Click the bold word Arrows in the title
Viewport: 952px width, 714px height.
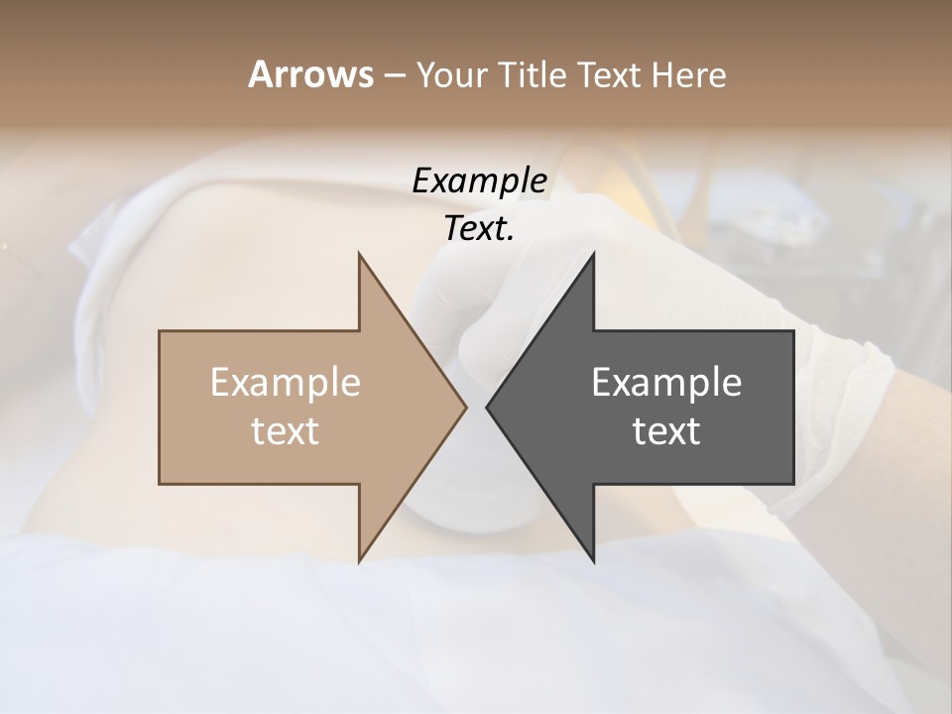tap(309, 74)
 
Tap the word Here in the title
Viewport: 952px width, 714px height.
tap(689, 74)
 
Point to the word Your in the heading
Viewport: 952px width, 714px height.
tap(452, 74)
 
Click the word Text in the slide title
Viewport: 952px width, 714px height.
tap(612, 74)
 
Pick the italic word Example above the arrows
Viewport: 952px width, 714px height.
tap(479, 180)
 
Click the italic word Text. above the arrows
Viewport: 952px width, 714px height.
tap(479, 228)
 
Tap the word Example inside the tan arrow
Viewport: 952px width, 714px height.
tap(285, 382)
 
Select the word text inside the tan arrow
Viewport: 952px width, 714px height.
tap(285, 430)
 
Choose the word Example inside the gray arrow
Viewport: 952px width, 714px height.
tap(666, 382)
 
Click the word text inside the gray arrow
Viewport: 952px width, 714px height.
tap(666, 430)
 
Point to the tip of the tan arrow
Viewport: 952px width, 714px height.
tap(465, 407)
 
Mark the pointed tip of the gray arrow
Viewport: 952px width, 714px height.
tap(488, 407)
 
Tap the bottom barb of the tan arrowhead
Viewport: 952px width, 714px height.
tap(361, 558)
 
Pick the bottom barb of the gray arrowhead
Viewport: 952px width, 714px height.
tap(592, 558)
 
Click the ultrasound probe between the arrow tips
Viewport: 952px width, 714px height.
tap(466, 501)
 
